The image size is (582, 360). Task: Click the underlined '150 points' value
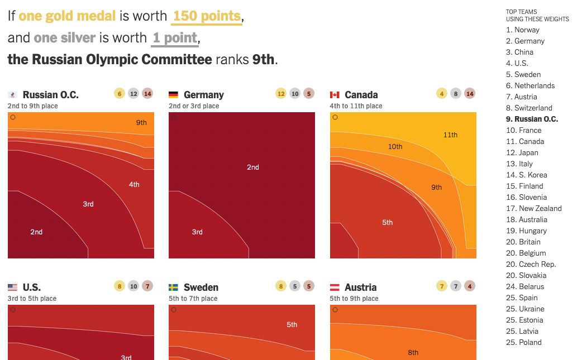(x=207, y=16)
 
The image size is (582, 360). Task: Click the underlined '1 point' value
(x=175, y=39)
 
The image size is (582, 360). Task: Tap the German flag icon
(x=173, y=95)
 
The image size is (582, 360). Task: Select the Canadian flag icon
(x=335, y=95)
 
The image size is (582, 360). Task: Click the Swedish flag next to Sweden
(x=173, y=287)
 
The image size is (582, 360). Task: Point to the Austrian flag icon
(x=335, y=287)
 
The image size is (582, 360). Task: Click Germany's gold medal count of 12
(x=280, y=94)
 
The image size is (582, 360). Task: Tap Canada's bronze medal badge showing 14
(x=470, y=94)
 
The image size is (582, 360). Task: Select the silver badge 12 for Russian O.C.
(x=133, y=94)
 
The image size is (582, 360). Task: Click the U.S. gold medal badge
(x=119, y=286)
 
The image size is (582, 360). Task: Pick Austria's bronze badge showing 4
(x=470, y=286)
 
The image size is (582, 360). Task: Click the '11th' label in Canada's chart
(x=450, y=135)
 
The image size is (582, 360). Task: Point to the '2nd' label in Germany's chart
(x=253, y=167)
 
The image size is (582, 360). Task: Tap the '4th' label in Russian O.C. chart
(x=134, y=185)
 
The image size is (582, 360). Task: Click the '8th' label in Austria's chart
(x=413, y=352)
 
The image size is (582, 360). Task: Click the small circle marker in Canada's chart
(x=335, y=117)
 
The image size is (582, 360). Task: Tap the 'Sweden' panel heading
(x=201, y=287)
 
